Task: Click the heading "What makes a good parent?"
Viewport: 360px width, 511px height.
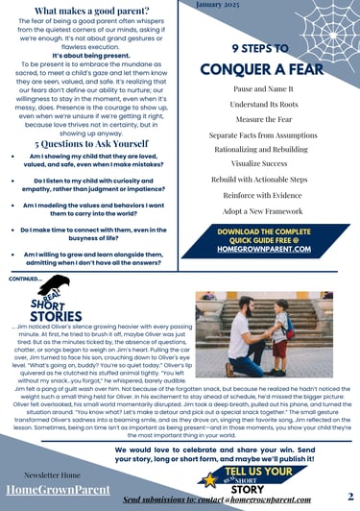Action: (x=91, y=11)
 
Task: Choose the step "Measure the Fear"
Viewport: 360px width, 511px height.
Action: (x=263, y=119)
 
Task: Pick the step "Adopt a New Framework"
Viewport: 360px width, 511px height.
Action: (x=261, y=210)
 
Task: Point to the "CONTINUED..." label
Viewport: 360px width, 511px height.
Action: (x=23, y=280)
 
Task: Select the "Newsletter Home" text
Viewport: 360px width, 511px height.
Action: (x=51, y=474)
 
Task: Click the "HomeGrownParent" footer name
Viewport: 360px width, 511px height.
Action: (x=58, y=491)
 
